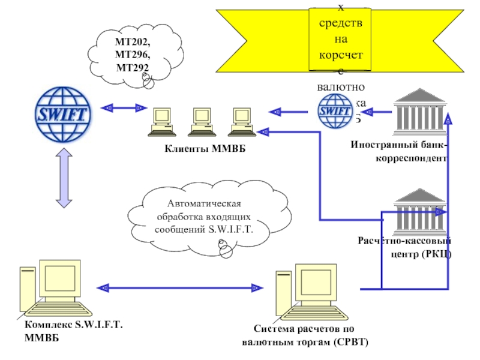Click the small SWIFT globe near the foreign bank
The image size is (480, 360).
click(x=335, y=111)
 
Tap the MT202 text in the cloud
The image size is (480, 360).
click(x=133, y=44)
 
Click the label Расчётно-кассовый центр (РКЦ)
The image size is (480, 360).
click(x=406, y=247)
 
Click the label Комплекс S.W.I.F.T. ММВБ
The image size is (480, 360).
click(x=74, y=331)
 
